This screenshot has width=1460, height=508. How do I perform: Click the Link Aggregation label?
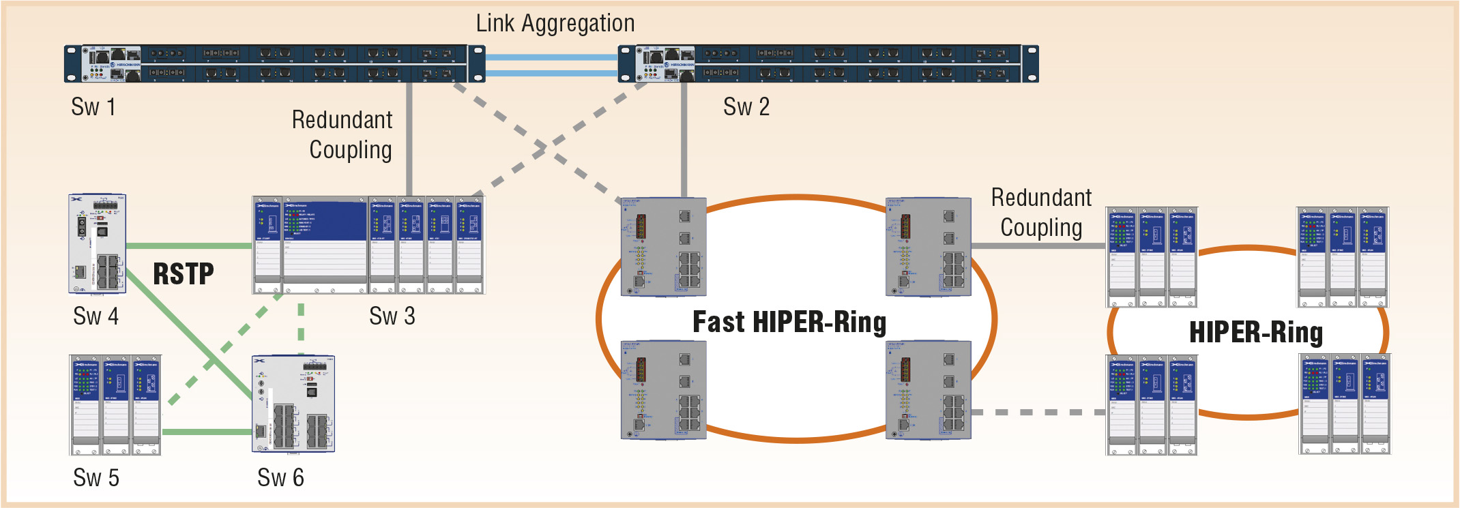(555, 23)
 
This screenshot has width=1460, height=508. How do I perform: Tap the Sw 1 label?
(93, 107)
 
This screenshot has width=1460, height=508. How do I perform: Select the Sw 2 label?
(746, 107)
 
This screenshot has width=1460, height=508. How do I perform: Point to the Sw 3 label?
(392, 316)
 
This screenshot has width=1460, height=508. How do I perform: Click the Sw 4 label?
(96, 316)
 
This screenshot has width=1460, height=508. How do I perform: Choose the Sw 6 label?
(280, 478)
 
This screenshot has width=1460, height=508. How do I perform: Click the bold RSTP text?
(183, 274)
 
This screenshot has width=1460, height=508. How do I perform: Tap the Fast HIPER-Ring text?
(789, 323)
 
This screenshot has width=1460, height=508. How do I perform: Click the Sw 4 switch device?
(98, 244)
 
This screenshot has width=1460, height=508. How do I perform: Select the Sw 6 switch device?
(293, 404)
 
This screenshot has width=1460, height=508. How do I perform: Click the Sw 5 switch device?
(115, 404)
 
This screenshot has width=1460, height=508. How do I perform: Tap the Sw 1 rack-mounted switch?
(274, 63)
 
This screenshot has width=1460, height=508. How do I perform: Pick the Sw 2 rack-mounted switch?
(828, 63)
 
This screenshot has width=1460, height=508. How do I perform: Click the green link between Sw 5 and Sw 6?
(207, 432)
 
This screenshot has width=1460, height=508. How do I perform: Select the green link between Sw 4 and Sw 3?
(189, 246)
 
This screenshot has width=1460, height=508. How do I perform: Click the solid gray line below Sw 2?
(684, 140)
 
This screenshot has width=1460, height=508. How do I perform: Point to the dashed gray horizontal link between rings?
(1037, 413)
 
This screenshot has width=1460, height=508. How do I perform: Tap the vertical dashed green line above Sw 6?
(301, 324)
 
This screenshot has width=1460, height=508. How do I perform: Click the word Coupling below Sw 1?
(351, 150)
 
